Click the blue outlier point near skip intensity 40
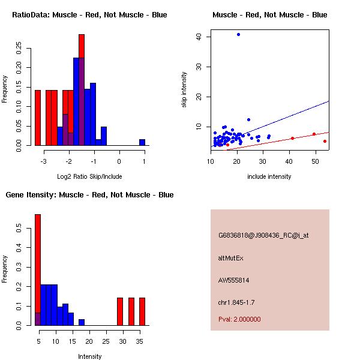[238, 34]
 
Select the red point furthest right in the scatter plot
[325, 141]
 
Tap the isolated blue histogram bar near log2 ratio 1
[142, 142]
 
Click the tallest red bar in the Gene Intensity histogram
[38, 269]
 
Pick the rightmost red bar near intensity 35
[142, 311]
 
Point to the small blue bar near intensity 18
[82, 322]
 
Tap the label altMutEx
[230, 258]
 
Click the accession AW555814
[234, 280]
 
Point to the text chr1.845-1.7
[237, 302]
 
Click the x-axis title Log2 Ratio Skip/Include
[89, 176]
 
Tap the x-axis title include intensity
[269, 176]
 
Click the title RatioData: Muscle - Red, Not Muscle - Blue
[89, 15]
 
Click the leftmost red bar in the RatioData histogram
[38, 118]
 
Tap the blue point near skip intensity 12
[248, 119]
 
